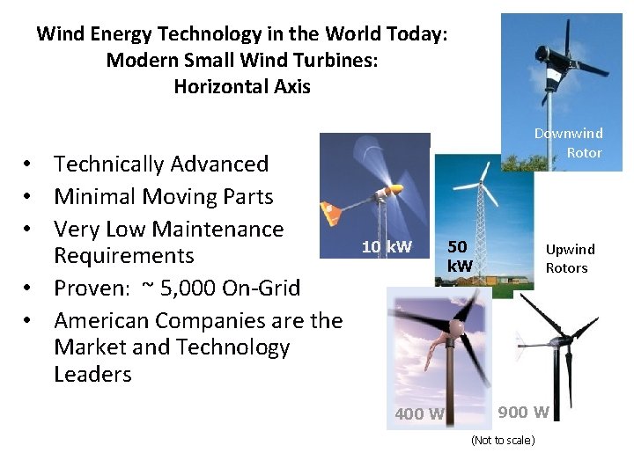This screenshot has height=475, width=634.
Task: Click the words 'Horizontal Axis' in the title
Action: click(242, 86)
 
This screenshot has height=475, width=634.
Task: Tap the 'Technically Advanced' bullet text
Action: click(161, 164)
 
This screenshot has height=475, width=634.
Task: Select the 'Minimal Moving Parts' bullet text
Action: click(164, 196)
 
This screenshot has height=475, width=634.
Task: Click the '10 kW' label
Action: click(386, 246)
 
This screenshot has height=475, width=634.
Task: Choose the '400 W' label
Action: click(419, 414)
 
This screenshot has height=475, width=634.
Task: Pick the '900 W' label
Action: click(523, 411)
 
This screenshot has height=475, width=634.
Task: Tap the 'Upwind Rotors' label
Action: click(570, 259)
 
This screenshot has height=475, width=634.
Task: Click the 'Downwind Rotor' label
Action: click(569, 142)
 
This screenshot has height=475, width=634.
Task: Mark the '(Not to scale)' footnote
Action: click(503, 440)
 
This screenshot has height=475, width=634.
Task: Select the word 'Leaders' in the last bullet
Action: click(92, 374)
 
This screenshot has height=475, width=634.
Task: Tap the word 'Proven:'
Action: click(91, 288)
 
